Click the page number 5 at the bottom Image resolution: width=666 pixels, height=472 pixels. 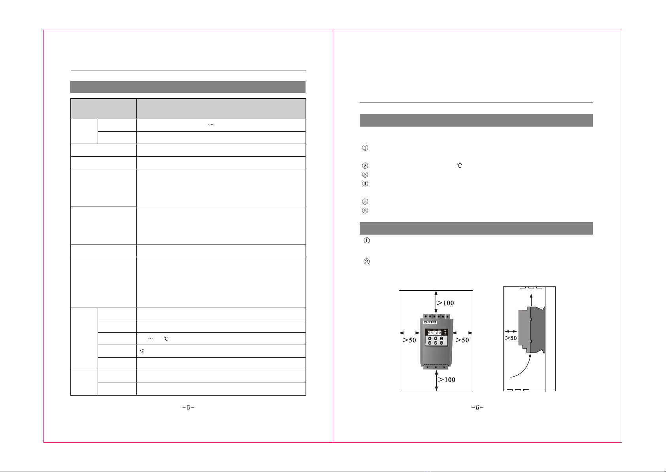pos(188,408)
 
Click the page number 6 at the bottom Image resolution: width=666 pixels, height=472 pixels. pos(477,408)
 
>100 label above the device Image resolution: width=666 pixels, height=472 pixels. pos(445,303)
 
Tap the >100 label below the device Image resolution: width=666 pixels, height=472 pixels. pos(447,379)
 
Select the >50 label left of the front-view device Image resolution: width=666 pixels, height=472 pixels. pos(409,340)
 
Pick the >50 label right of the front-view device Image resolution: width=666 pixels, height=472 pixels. pos(462,340)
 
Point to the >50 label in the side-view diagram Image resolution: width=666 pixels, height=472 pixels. pos(511,338)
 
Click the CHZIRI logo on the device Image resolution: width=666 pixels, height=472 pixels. pos(430,322)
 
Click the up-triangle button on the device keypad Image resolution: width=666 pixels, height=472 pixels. pos(430,338)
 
